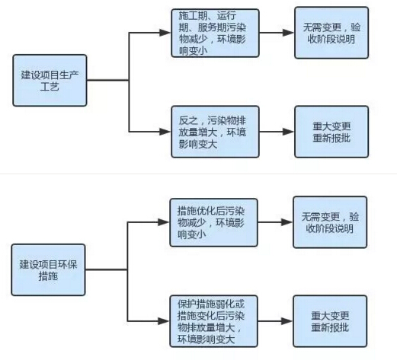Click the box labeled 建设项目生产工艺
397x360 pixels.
[50, 81]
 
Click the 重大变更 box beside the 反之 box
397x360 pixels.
[330, 131]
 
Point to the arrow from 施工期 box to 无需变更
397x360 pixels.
[276, 33]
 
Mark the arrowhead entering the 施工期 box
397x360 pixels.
[165, 33]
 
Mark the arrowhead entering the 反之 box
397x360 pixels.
[165, 131]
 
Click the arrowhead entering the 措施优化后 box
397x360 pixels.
[163, 222]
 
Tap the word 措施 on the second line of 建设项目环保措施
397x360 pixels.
[50, 278]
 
